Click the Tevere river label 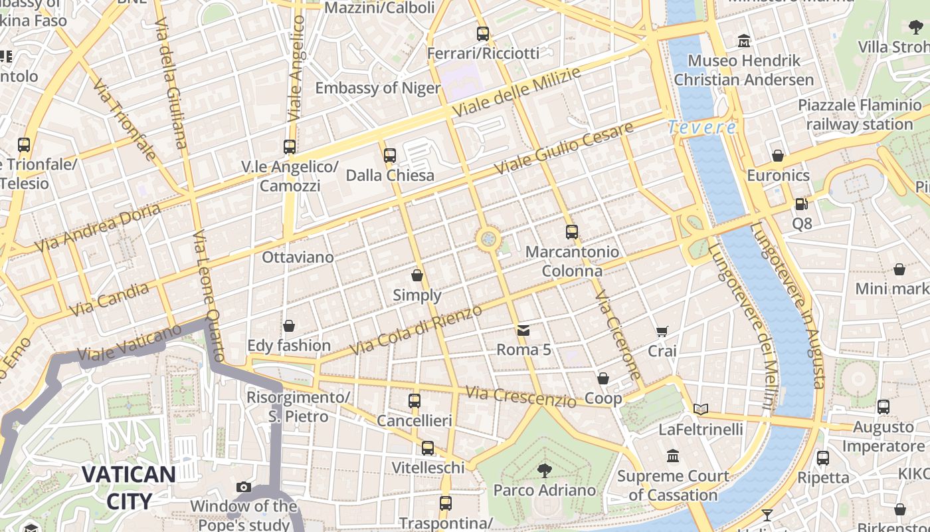pyautogui.click(x=702, y=127)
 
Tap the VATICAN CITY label pyautogui.click(x=129, y=487)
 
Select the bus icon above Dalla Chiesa pyautogui.click(x=390, y=156)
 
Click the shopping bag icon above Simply pyautogui.click(x=417, y=275)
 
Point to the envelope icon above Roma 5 pyautogui.click(x=523, y=330)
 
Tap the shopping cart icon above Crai pyautogui.click(x=662, y=331)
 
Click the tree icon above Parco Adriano pyautogui.click(x=544, y=471)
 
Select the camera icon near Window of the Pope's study pyautogui.click(x=244, y=487)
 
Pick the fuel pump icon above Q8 pyautogui.click(x=802, y=204)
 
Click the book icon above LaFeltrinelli pyautogui.click(x=700, y=409)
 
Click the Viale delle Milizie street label pyautogui.click(x=517, y=92)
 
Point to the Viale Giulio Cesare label pyautogui.click(x=567, y=149)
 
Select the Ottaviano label pyautogui.click(x=298, y=257)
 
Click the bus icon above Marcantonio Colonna pyautogui.click(x=572, y=232)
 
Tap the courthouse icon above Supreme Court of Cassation pyautogui.click(x=673, y=456)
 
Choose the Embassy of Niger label pyautogui.click(x=377, y=88)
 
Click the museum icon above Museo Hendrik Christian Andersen pyautogui.click(x=744, y=41)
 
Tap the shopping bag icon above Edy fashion pyautogui.click(x=289, y=326)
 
